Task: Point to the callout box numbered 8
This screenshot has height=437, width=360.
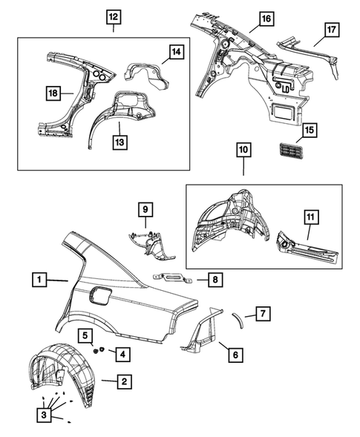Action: click(214, 280)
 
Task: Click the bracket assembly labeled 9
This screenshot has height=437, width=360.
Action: click(151, 242)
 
